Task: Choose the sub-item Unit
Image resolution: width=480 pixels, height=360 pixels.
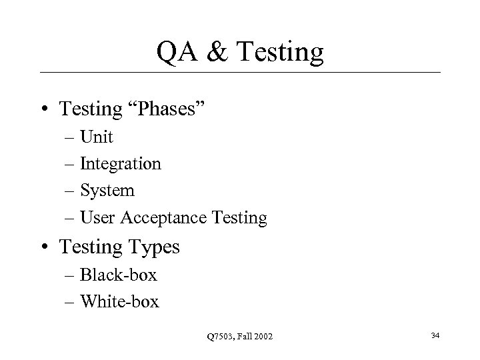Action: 97,138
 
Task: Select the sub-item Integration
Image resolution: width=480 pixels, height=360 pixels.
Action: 121,164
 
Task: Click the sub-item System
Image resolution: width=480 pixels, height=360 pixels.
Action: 107,191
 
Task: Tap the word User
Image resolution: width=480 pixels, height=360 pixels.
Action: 95,217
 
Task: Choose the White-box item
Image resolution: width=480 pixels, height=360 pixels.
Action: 120,302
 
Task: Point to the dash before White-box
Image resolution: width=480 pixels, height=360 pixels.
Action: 71,303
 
